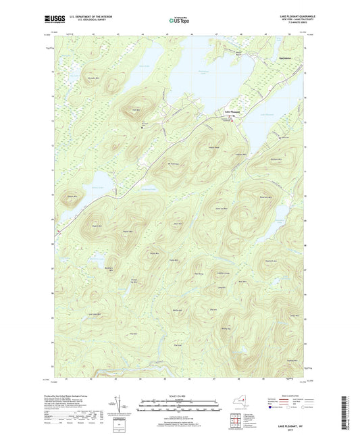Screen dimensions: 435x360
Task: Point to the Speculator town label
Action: (x=288, y=70)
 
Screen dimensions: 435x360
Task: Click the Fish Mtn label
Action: (x=136, y=110)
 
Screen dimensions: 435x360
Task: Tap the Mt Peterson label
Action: (x=173, y=163)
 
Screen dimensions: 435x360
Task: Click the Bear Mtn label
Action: (x=178, y=224)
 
